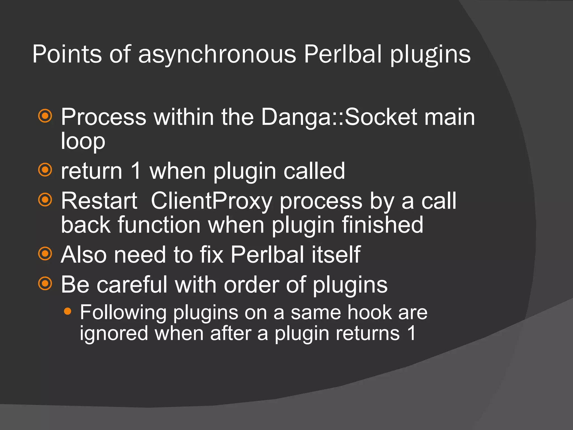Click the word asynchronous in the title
[x=217, y=54]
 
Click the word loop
[x=83, y=141]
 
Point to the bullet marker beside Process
[x=45, y=116]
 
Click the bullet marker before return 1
[x=45, y=170]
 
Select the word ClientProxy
[x=212, y=201]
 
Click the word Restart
[x=99, y=201]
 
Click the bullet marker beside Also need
[x=45, y=254]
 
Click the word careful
[x=132, y=285]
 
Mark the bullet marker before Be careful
[x=45, y=284]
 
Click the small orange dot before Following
[x=67, y=311]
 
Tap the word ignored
[x=114, y=333]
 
